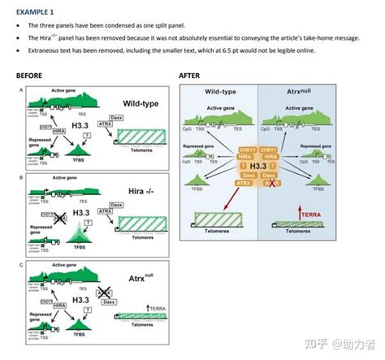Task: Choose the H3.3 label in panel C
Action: click(81, 299)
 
